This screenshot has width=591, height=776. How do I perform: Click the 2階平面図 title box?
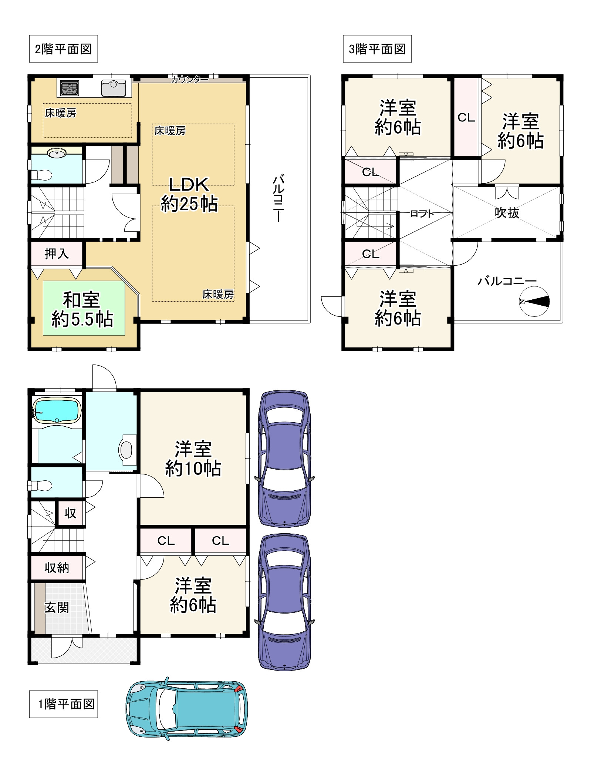[63, 49]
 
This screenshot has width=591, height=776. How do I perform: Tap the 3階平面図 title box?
[377, 49]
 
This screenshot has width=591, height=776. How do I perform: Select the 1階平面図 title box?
[63, 704]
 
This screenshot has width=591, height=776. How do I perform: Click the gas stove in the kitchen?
[70, 88]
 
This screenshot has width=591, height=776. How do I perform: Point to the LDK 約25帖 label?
[189, 194]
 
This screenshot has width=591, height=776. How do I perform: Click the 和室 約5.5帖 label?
[82, 309]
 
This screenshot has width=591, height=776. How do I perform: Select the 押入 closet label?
[57, 253]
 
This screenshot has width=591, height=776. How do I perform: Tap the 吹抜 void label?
[507, 213]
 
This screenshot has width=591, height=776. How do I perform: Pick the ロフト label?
[422, 214]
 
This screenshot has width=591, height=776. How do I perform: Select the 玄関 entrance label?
[57, 607]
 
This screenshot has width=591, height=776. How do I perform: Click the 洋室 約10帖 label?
[193, 458]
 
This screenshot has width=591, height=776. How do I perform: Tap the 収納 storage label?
[57, 567]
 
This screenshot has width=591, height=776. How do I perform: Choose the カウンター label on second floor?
[189, 79]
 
